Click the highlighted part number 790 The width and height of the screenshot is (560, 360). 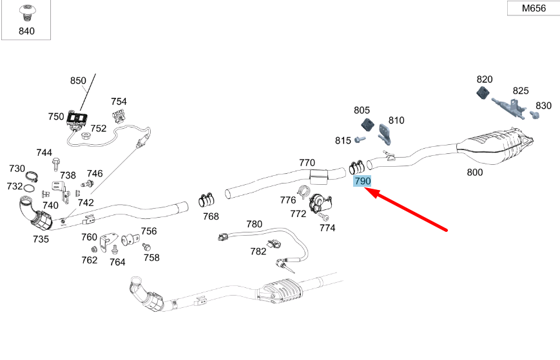click(x=363, y=181)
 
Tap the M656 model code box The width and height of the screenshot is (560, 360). click(x=534, y=8)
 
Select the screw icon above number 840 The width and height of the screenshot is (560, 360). click(x=26, y=13)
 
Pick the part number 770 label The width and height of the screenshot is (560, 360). click(x=307, y=163)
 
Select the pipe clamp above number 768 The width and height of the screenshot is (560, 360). click(x=206, y=200)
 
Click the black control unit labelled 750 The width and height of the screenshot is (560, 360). click(x=77, y=118)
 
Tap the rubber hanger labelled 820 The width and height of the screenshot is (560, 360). click(x=484, y=92)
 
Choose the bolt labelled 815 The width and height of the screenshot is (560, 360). click(x=360, y=139)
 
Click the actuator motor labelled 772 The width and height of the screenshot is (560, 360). click(x=320, y=204)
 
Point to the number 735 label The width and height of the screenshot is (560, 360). click(x=41, y=239)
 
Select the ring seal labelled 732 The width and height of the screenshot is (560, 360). click(x=29, y=187)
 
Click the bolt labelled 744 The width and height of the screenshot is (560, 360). click(x=56, y=164)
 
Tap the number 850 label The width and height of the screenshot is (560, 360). click(x=78, y=81)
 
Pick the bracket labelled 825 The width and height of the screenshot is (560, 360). click(x=508, y=107)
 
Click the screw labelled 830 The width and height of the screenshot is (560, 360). click(x=534, y=115)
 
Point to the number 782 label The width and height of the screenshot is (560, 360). click(x=258, y=252)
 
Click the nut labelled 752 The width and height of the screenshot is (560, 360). click(x=85, y=136)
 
